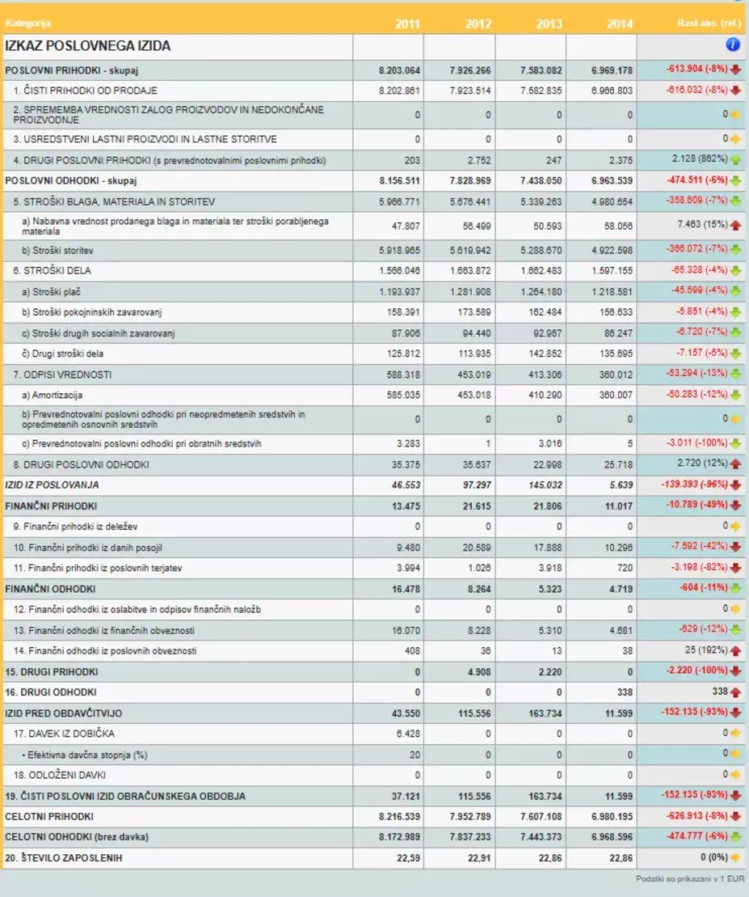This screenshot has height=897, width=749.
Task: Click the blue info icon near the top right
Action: [733, 45]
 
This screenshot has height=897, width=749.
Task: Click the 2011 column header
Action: [407, 23]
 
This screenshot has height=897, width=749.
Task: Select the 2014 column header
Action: [620, 23]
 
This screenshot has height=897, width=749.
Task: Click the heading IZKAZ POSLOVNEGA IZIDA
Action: [88, 46]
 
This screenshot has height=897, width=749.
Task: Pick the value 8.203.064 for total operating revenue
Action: [399, 70]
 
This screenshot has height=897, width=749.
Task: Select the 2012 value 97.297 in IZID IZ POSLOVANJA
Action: [473, 485]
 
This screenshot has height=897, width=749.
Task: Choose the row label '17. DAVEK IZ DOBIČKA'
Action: [64, 734]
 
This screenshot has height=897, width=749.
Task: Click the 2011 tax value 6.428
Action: [408, 734]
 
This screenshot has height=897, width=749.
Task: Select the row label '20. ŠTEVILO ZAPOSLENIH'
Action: [64, 858]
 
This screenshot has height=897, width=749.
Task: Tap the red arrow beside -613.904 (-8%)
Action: [736, 70]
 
